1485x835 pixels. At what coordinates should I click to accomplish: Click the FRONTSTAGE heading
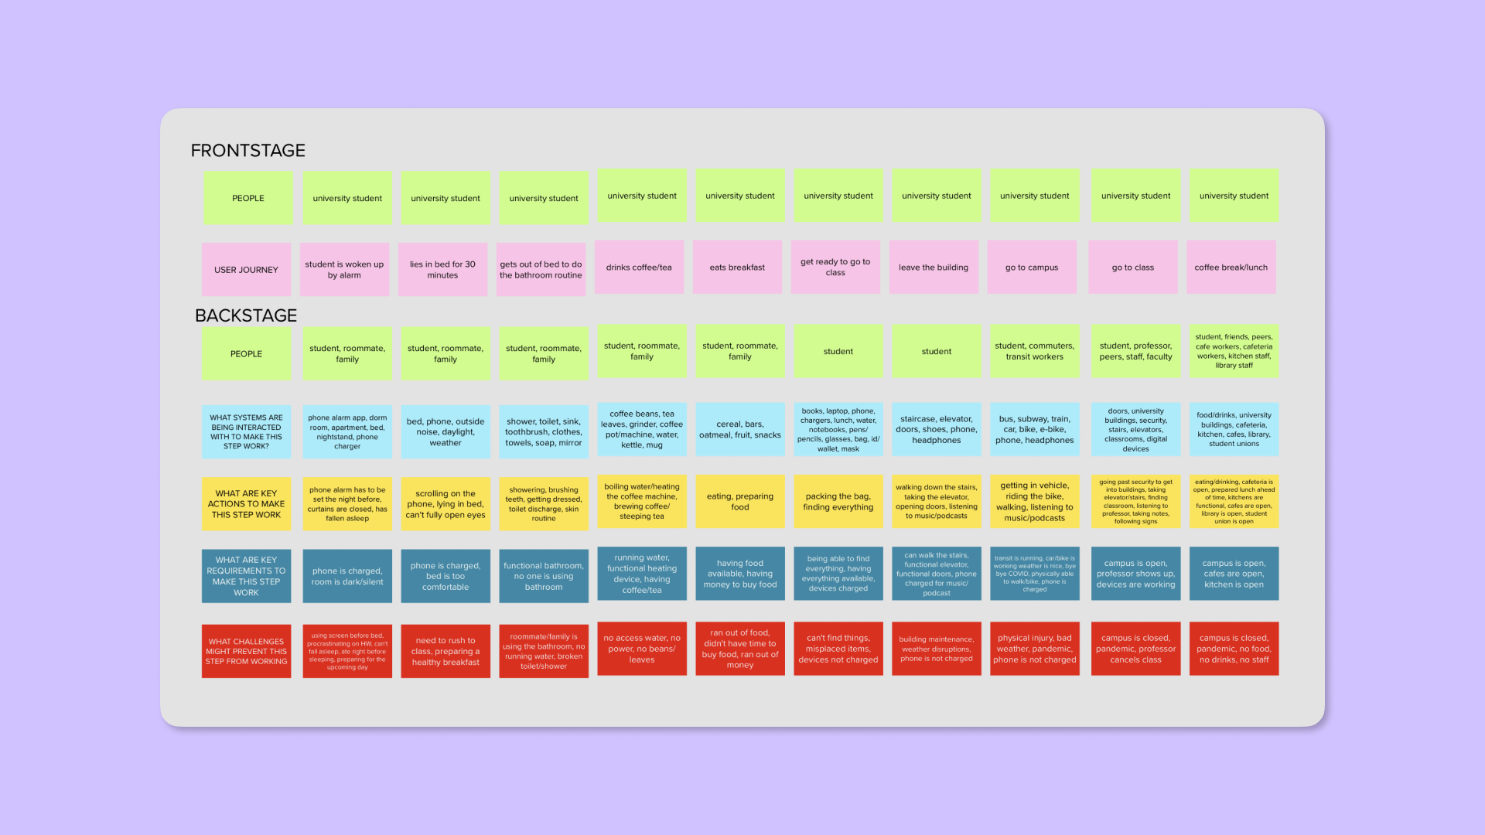coord(247,151)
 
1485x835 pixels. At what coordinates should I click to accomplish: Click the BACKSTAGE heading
coord(246,315)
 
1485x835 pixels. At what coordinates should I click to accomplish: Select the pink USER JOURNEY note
coord(246,269)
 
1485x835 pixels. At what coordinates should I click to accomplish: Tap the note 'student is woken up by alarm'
coord(344,269)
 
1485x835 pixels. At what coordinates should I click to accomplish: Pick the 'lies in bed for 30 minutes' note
coord(442,269)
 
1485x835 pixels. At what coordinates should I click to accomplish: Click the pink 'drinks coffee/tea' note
coord(639,267)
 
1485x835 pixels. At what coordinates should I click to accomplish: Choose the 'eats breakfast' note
coord(737,267)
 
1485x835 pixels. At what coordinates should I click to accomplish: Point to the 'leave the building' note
coord(934,267)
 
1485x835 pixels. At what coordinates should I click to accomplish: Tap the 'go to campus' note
coord(1032,267)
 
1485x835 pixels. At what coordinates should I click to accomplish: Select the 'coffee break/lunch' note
coord(1231,267)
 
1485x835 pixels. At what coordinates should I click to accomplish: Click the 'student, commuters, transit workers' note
coord(1034,351)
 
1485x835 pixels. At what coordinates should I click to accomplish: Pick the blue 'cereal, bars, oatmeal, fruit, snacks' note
coord(740,429)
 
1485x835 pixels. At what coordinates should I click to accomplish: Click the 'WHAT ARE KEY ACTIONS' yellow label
coord(246,504)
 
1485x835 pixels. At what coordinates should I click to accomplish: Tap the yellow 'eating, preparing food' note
coord(740,502)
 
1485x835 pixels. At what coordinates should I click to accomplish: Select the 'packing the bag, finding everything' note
coord(838,502)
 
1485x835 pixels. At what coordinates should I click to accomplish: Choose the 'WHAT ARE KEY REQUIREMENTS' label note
coord(246,576)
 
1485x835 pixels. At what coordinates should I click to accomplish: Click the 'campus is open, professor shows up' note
coord(1135,574)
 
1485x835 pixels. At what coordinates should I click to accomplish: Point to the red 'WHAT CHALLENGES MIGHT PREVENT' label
coord(246,651)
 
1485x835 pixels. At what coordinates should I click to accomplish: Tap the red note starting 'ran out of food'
coord(740,649)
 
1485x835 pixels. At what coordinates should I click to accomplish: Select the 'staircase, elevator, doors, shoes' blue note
coord(936,429)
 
